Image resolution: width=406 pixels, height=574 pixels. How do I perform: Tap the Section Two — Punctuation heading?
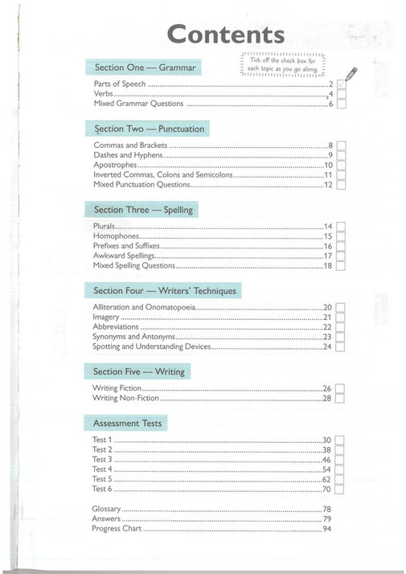(x=149, y=129)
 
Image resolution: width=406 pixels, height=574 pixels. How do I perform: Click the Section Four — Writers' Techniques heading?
(x=165, y=290)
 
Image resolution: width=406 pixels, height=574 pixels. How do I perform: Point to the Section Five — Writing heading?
(x=138, y=371)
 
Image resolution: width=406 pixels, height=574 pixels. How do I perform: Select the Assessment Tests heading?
(x=127, y=423)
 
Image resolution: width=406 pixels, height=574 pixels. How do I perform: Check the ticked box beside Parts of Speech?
(x=341, y=84)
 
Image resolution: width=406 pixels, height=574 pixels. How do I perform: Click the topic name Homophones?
(x=116, y=236)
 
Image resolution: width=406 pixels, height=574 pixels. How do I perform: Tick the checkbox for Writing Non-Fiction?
(x=341, y=398)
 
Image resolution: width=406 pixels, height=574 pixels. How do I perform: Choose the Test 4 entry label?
(x=103, y=469)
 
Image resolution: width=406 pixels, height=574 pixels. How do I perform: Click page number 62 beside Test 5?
(x=327, y=479)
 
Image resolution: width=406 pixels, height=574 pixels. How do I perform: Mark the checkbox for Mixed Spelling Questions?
(x=341, y=265)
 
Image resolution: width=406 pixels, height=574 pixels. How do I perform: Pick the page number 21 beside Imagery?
(x=327, y=318)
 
